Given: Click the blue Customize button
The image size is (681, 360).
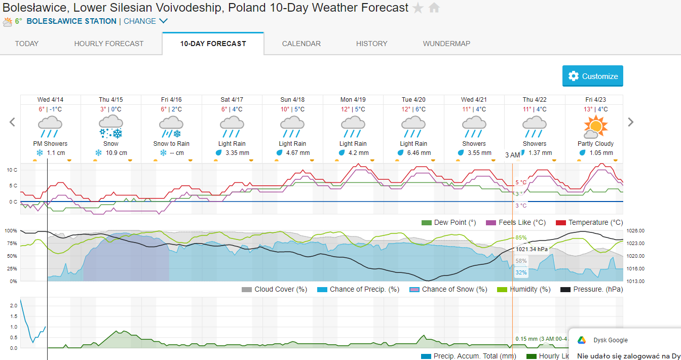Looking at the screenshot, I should pyautogui.click(x=592, y=76).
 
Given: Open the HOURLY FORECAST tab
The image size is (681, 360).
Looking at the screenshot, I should pyautogui.click(x=109, y=44).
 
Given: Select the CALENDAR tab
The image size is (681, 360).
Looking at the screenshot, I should pyautogui.click(x=301, y=44).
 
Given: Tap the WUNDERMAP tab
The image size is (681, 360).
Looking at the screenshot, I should pyautogui.click(x=446, y=44).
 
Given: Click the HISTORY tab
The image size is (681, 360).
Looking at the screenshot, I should pyautogui.click(x=371, y=44).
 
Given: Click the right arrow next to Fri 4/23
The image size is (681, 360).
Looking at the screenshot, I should pyautogui.click(x=631, y=122).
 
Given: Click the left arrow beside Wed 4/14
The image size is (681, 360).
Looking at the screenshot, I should pyautogui.click(x=13, y=122).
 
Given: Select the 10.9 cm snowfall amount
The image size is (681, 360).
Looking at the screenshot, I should pyautogui.click(x=116, y=153).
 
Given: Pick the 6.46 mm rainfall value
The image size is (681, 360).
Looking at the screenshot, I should pyautogui.click(x=419, y=153).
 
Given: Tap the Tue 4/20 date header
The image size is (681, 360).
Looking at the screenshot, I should pyautogui.click(x=413, y=100).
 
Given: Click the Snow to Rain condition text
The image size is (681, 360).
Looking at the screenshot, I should pyautogui.click(x=171, y=144).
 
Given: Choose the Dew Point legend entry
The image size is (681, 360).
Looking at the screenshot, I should pyautogui.click(x=449, y=222).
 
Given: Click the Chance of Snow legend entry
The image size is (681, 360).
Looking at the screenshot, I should pyautogui.click(x=448, y=289).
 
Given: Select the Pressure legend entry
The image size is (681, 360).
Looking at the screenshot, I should pyautogui.click(x=591, y=289).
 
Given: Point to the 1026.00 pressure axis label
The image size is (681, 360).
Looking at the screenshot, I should pyautogui.click(x=635, y=231).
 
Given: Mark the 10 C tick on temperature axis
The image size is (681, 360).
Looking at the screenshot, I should pyautogui.click(x=12, y=170).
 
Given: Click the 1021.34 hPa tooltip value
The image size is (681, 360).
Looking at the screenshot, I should pyautogui.click(x=532, y=249).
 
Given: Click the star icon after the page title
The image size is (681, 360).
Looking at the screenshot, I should pyautogui.click(x=418, y=8).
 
